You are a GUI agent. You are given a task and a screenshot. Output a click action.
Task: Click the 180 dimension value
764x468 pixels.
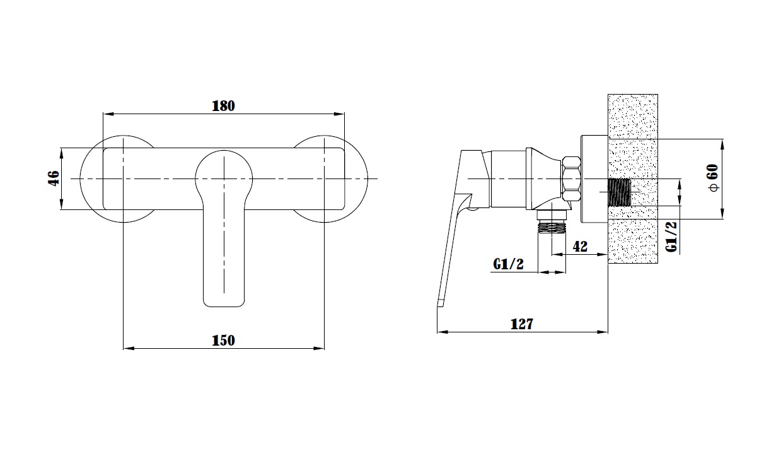click(x=223, y=106)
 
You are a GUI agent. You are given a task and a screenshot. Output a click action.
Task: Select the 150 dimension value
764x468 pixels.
click(x=223, y=341)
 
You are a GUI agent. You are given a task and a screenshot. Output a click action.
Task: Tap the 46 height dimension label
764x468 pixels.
click(x=54, y=178)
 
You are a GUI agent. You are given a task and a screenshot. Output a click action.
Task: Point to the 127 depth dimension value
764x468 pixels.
click(x=522, y=324)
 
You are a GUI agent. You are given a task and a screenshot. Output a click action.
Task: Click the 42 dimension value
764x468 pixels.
click(x=580, y=246)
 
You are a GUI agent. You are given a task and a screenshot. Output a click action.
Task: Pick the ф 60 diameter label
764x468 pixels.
click(x=714, y=178)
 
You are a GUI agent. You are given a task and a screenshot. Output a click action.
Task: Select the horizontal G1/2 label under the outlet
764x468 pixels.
click(x=508, y=264)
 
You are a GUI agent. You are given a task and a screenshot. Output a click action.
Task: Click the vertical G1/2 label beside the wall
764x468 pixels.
click(x=671, y=237)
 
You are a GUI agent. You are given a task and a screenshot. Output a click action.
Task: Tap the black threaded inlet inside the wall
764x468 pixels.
click(x=619, y=192)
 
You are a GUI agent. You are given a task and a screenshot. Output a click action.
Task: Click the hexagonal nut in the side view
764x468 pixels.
click(x=571, y=178)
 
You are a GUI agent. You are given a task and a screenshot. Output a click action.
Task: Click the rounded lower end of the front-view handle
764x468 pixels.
click(x=224, y=300)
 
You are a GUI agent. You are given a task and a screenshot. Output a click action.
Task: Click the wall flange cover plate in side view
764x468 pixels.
click(x=594, y=179)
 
